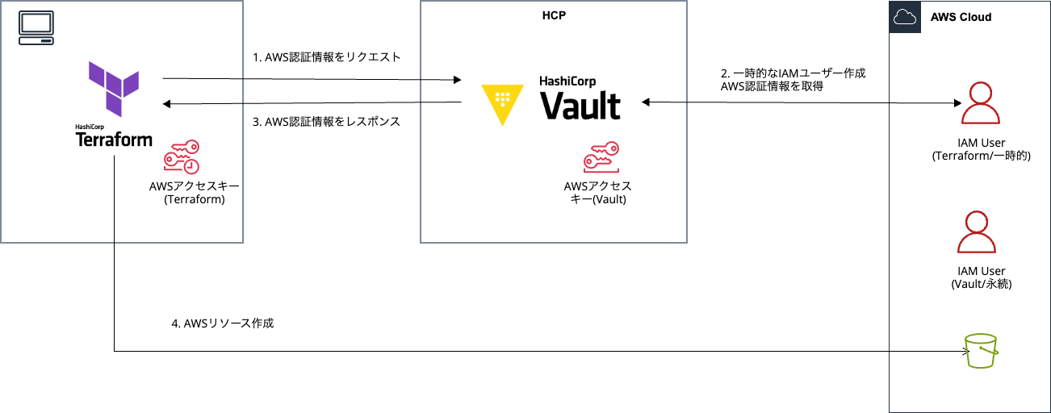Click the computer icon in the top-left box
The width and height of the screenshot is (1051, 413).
[x=36, y=28]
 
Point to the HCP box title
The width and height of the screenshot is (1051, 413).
[x=553, y=15]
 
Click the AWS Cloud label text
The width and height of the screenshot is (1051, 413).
[x=961, y=17]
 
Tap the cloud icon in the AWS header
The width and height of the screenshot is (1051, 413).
[x=905, y=17]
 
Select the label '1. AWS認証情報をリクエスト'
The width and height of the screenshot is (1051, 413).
[x=327, y=58]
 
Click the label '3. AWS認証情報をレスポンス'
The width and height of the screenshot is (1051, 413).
[x=327, y=122]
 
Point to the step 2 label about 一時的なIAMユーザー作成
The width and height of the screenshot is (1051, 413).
[x=793, y=79]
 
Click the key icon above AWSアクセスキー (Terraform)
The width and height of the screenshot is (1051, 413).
[x=182, y=157]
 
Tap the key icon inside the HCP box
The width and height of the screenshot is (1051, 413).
[x=601, y=157]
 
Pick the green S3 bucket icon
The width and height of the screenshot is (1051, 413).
[x=982, y=351]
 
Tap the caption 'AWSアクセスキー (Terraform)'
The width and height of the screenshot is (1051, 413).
[x=194, y=193]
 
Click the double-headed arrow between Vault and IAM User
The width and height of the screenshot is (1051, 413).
[x=799, y=102]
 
